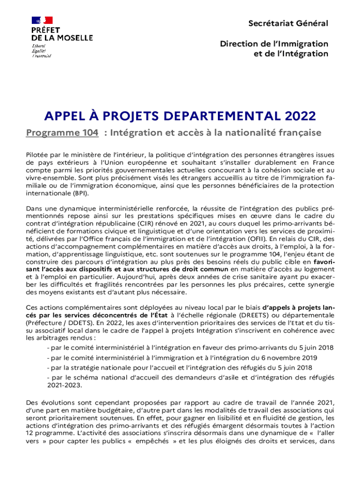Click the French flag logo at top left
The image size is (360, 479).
coord(42,20)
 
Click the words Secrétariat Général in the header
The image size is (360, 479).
coord(288,23)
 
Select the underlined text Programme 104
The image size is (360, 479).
coord(62,133)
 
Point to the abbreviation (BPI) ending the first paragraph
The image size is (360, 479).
coord(79,193)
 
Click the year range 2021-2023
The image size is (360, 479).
coord(64,385)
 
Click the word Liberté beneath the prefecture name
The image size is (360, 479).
coord(39,46)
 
